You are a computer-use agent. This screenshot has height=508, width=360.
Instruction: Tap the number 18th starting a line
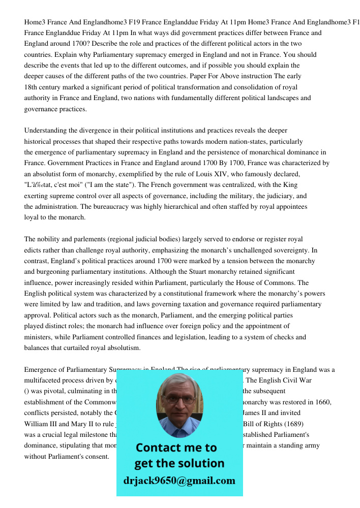coord(32,87)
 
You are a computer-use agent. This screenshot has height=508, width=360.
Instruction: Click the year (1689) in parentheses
coord(306,424)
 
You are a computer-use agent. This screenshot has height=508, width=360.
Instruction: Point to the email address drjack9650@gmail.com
coord(179,480)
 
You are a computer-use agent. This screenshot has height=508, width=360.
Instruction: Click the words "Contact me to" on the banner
coord(176,448)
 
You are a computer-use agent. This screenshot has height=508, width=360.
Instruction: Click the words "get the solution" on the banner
coord(179,463)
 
